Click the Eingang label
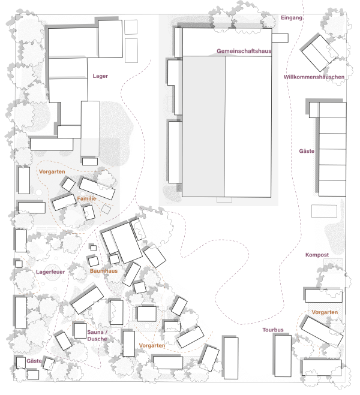point(292,17)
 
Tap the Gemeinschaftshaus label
point(244,51)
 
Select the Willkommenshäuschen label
point(314,77)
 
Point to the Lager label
point(100,76)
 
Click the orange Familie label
point(86,199)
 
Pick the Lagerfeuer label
point(50,272)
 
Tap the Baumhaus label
point(104,271)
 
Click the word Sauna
point(95,332)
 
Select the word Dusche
point(97,339)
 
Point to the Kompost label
point(317,255)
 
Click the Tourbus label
point(273,330)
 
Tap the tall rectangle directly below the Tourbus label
point(283,356)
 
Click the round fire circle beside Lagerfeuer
point(52,272)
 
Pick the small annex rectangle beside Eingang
point(280,38)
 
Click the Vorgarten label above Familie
point(52,172)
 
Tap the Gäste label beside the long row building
point(307,151)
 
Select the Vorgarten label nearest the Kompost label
point(325,312)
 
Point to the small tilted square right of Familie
point(106,209)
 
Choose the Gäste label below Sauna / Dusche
point(34,361)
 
